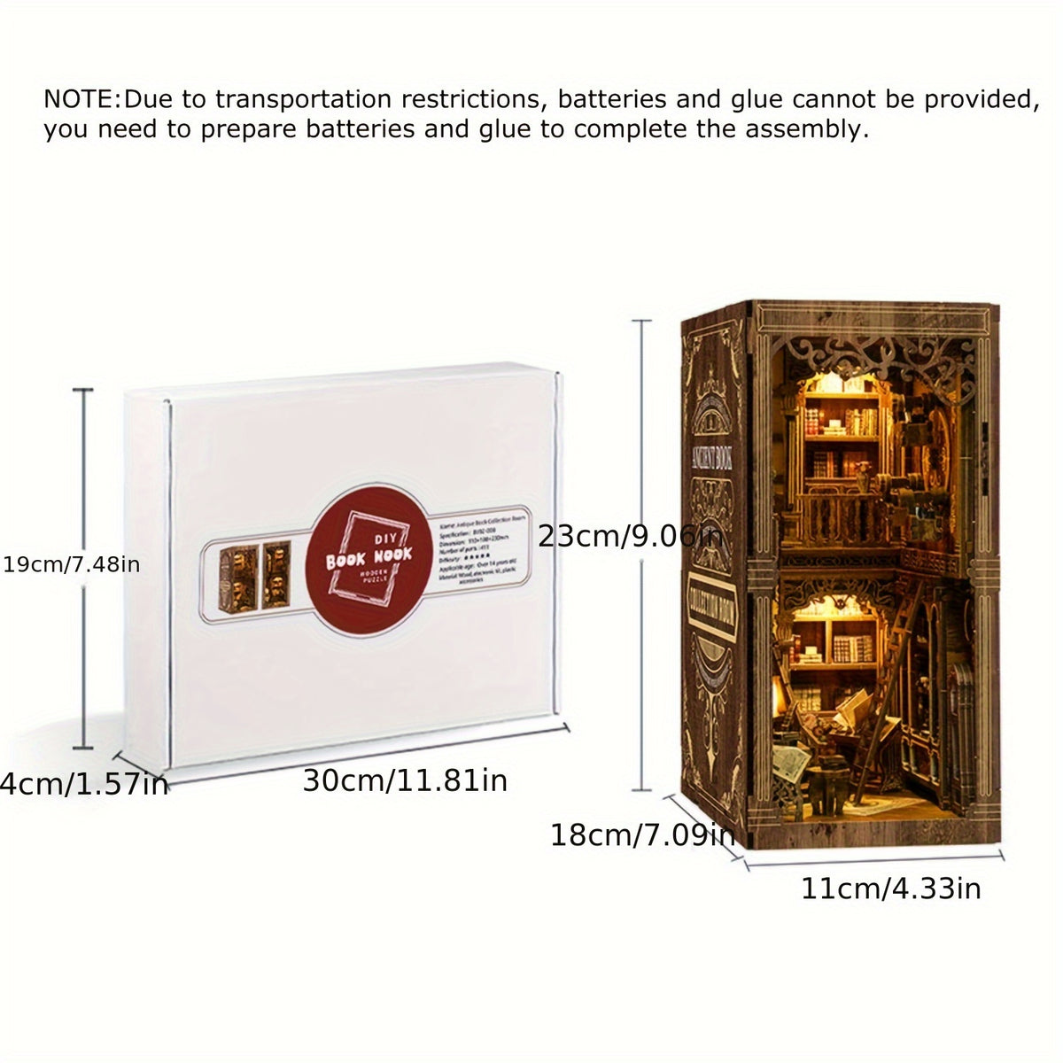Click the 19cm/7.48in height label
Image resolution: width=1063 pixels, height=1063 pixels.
coord(71,564)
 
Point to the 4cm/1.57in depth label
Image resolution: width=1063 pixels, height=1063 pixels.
coord(84,784)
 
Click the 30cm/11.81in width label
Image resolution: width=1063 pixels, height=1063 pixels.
coord(405,780)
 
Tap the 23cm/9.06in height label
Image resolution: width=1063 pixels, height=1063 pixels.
coord(630,536)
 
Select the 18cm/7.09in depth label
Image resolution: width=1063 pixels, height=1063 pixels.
coord(642,834)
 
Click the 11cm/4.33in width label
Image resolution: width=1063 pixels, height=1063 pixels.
coord(891,888)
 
